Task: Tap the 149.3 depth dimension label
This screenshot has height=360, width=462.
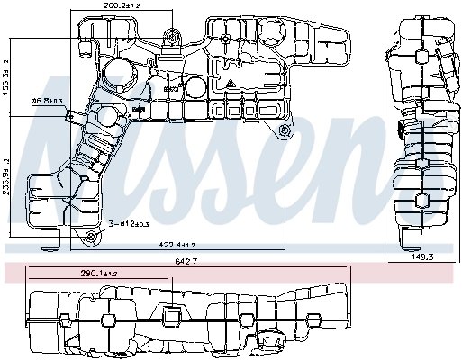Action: [x=423, y=256]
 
